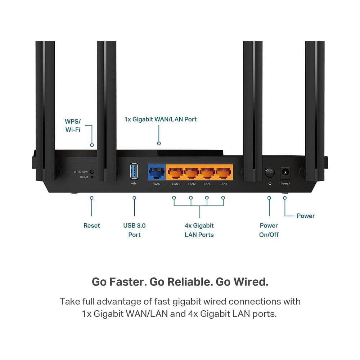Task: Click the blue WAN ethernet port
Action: click(x=157, y=172)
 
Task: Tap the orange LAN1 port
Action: click(x=176, y=172)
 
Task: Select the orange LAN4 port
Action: click(x=224, y=172)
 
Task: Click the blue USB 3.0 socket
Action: click(x=134, y=171)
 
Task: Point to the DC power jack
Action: click(x=285, y=172)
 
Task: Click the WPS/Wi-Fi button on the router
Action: click(x=92, y=171)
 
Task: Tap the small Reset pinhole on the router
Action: click(x=92, y=177)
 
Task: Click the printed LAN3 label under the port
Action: click(x=208, y=184)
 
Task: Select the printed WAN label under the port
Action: click(x=157, y=184)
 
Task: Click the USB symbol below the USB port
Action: click(x=134, y=184)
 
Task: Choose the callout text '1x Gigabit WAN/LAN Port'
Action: click(x=161, y=120)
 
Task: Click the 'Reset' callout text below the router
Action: click(x=91, y=225)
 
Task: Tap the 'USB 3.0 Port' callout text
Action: click(x=134, y=230)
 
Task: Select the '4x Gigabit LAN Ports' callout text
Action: click(x=199, y=230)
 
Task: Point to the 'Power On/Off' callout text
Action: click(x=269, y=230)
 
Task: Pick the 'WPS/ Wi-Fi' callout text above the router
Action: click(x=73, y=126)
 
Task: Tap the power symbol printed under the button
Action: click(x=270, y=184)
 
